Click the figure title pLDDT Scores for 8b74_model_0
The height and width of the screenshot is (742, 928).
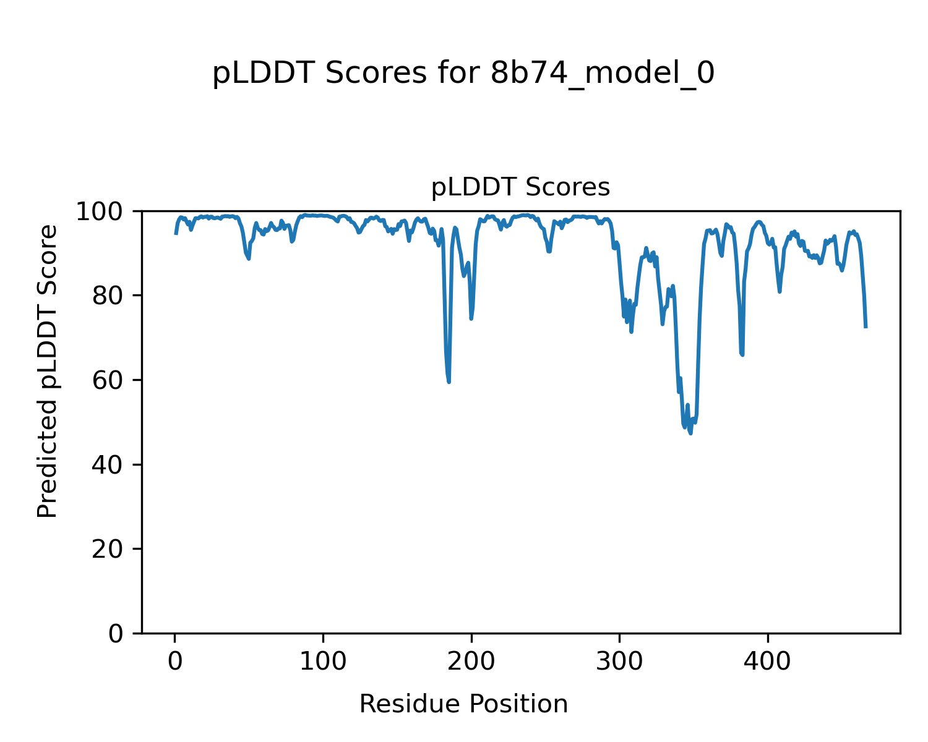coord(463,74)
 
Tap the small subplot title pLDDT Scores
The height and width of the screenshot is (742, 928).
coord(520,187)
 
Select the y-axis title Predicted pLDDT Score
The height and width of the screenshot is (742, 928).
coord(47,371)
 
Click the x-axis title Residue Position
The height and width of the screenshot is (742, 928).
coord(463,704)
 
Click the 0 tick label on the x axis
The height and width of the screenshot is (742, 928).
coord(175,662)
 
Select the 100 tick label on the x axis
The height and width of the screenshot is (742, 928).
coord(323,662)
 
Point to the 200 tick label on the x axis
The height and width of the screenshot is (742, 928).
coord(471,662)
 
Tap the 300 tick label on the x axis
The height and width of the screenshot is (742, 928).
coord(619,662)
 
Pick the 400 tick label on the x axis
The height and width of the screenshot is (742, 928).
coord(768,662)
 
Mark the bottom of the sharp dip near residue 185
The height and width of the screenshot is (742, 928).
coord(449,382)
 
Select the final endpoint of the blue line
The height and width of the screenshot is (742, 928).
coord(866,327)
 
